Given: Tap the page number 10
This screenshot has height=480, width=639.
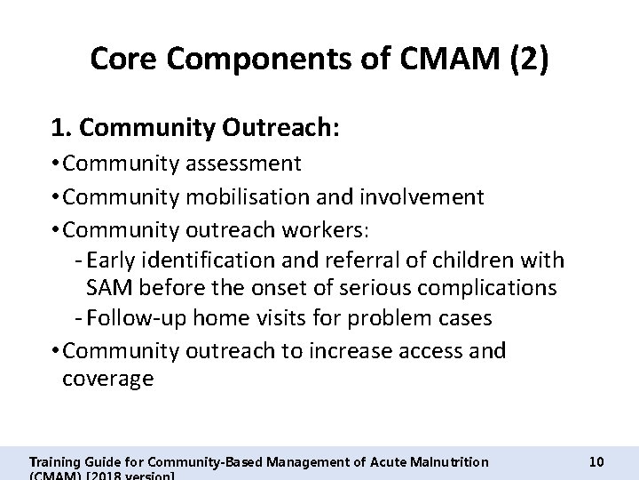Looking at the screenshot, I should (596, 462).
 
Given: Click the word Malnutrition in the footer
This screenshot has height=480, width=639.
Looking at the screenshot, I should (444, 462).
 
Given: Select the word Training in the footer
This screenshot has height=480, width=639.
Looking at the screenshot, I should (53, 462).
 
